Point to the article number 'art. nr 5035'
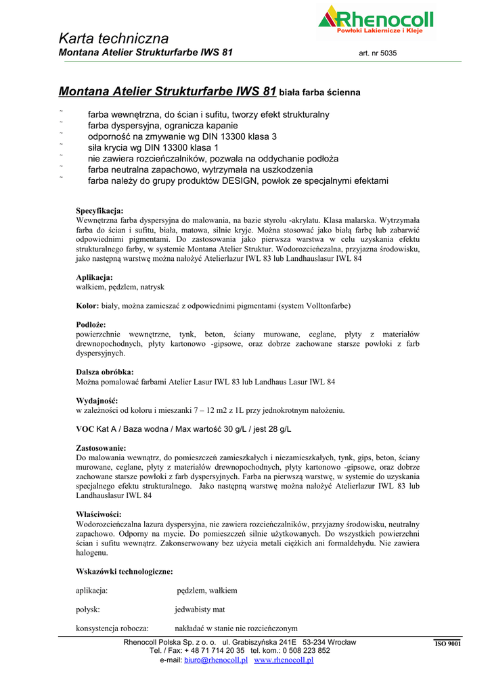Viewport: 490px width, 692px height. (378, 53)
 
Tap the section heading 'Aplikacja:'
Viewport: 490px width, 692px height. (94, 277)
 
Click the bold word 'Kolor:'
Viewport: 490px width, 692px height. (87, 305)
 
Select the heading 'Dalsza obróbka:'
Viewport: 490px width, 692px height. (104, 372)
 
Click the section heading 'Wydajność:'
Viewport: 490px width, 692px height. (97, 400)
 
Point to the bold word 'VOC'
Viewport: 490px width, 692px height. (85, 428)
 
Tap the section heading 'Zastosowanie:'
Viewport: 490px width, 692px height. (101, 447)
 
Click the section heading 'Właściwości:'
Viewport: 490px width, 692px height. (98, 514)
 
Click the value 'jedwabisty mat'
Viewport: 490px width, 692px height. (200, 609)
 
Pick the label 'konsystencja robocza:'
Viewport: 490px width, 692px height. (112, 628)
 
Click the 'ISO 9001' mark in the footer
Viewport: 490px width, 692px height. (447, 644)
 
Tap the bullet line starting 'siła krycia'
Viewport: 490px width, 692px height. (154, 147)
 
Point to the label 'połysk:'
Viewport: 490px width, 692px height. (88, 609)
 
